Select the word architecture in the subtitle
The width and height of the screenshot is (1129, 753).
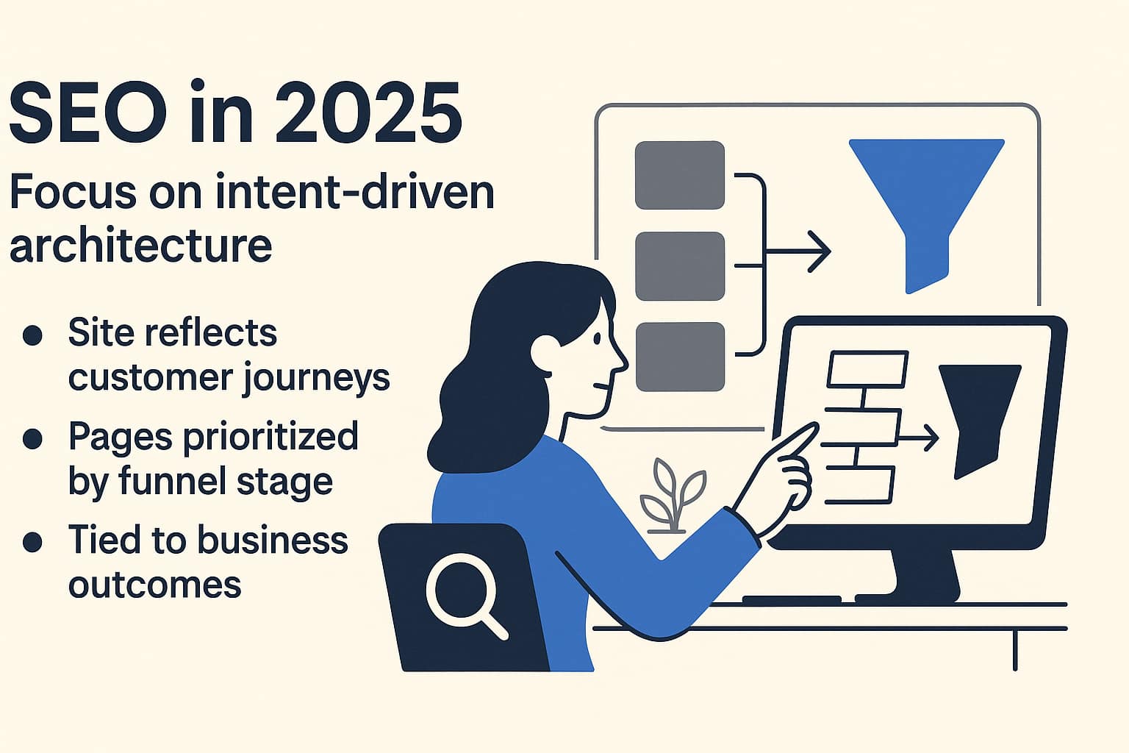[x=140, y=245]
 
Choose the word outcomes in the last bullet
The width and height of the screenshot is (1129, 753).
[x=154, y=585]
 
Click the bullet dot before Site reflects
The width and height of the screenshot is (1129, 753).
[x=32, y=335]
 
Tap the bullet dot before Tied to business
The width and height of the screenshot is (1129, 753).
[x=32, y=542]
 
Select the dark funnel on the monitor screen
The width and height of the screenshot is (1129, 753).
[x=978, y=415]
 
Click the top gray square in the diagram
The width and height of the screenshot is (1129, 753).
[x=679, y=175]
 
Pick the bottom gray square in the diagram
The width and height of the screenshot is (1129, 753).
[x=679, y=357]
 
